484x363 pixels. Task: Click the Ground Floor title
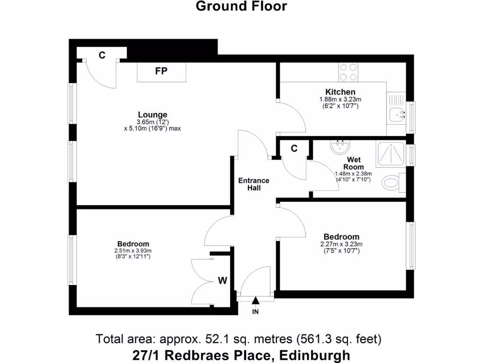click(241, 6)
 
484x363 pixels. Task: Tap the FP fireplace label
click(161, 71)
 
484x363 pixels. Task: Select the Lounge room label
click(152, 114)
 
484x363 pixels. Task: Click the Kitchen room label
click(340, 92)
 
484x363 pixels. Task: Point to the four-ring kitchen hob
click(348, 72)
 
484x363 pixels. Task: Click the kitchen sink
click(397, 113)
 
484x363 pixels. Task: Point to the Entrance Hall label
click(253, 184)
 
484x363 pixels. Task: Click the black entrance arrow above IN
click(255, 300)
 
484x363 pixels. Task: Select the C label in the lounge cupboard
click(102, 55)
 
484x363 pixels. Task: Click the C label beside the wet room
click(294, 148)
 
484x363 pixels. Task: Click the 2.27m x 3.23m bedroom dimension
click(341, 244)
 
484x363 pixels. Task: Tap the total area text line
click(238, 339)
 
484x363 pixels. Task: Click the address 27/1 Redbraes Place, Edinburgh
click(242, 354)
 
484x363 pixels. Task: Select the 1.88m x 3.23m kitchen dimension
click(340, 100)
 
